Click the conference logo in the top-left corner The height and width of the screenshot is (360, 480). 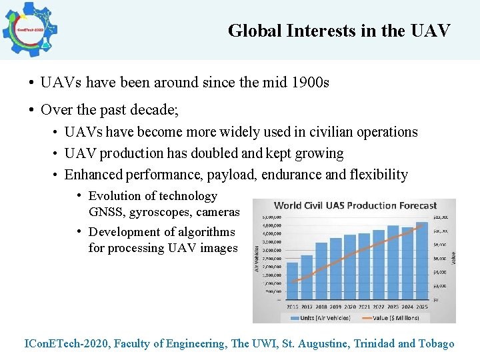(29, 29)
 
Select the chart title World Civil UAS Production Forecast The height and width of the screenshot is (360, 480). (355, 206)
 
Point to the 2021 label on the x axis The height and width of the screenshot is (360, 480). (365, 307)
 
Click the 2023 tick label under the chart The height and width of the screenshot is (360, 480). (393, 307)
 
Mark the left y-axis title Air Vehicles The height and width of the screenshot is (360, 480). (257, 259)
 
